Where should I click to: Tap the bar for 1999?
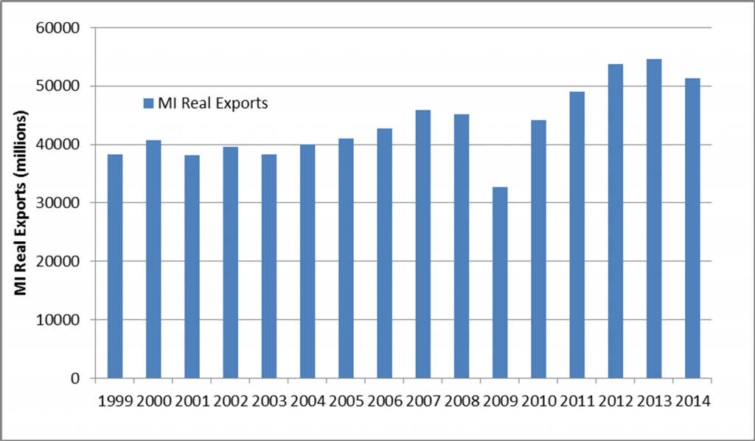[115, 266]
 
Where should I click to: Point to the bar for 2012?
[616, 221]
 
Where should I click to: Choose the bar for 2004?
[307, 261]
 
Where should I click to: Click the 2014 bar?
[692, 228]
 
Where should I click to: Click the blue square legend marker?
[146, 103]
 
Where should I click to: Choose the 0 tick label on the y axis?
[83, 378]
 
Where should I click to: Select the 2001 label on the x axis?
[192, 403]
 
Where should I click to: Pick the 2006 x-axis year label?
[384, 403]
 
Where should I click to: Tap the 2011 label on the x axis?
[577, 403]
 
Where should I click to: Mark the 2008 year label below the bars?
[462, 403]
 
